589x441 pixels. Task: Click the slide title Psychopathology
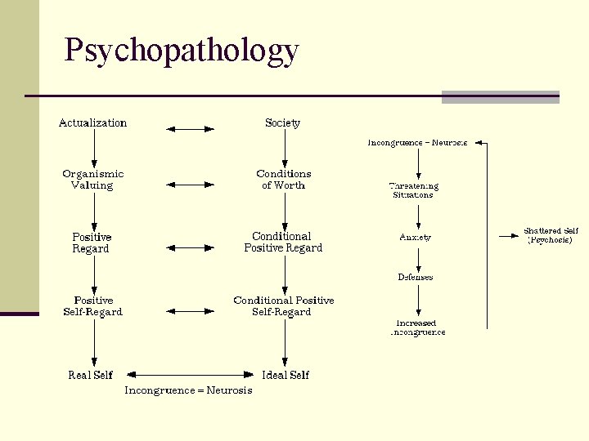[x=182, y=51]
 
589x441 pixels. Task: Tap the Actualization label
[x=92, y=123]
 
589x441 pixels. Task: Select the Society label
[x=282, y=123]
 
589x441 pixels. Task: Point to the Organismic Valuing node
[x=92, y=180]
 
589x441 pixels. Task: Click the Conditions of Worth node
[x=283, y=180]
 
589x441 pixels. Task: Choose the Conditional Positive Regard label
[x=283, y=243]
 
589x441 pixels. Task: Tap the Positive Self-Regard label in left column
[x=92, y=306]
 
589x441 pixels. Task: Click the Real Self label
[x=91, y=375]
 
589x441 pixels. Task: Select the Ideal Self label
[x=286, y=375]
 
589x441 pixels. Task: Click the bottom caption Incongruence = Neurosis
[x=188, y=390]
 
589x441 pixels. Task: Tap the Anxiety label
[x=415, y=237]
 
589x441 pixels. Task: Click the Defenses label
[x=416, y=277]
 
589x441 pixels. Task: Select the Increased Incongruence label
[x=417, y=327]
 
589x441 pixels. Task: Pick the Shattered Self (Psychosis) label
[x=551, y=236]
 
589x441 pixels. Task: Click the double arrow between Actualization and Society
[x=190, y=128]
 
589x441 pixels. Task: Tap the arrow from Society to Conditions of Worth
[x=284, y=148]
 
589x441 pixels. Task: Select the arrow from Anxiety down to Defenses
[x=418, y=257]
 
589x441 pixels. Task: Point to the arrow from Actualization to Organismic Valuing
[x=94, y=148]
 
